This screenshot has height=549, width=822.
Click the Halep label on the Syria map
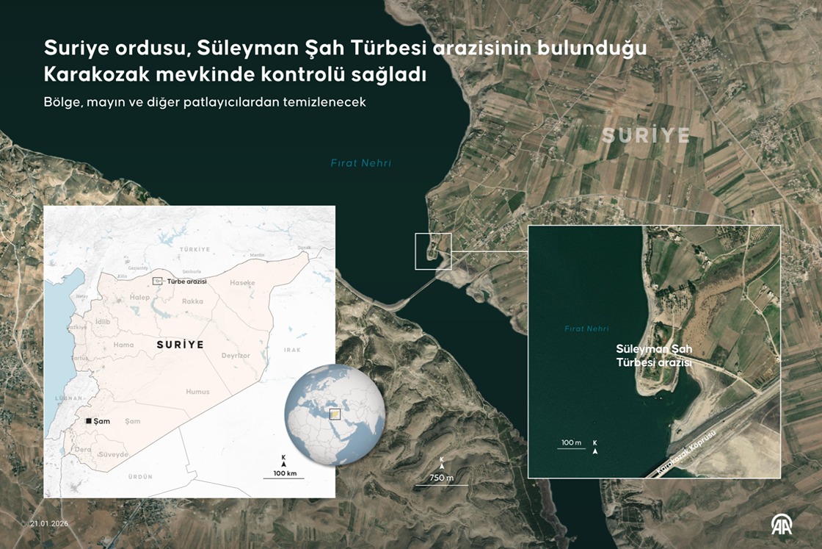pyautogui.click(x=139, y=297)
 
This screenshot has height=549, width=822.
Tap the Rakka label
pyautogui.click(x=192, y=301)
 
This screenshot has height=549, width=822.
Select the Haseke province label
pyautogui.click(x=242, y=283)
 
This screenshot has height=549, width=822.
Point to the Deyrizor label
pyautogui.click(x=236, y=356)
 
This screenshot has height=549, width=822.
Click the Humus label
pyautogui.click(x=197, y=392)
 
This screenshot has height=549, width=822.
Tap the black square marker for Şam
pyautogui.click(x=89, y=421)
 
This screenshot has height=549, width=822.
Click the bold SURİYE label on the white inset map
pyautogui.click(x=180, y=344)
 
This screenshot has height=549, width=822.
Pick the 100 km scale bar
pyautogui.click(x=283, y=478)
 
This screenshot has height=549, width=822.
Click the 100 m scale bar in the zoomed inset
pyautogui.click(x=571, y=448)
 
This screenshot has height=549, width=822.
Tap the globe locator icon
pyautogui.click(x=335, y=413)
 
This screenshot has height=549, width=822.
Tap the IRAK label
pyautogui.click(x=293, y=351)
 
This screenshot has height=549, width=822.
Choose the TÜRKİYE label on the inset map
pyautogui.click(x=194, y=250)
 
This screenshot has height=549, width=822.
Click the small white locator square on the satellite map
pyautogui.click(x=432, y=251)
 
